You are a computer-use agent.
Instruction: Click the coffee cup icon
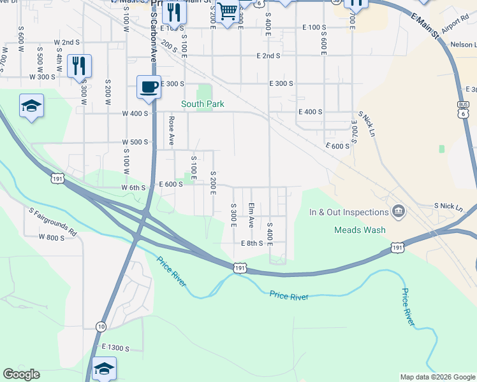click(149, 87)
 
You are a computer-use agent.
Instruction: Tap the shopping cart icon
click(227, 11)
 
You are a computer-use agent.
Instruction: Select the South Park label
click(203, 104)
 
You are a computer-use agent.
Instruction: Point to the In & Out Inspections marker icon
click(399, 211)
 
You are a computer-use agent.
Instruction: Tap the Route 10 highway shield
click(101, 327)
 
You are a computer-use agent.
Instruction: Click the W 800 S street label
click(52, 237)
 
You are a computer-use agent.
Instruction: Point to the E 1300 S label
click(115, 348)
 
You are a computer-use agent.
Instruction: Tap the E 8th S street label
click(252, 243)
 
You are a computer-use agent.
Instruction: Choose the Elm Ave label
click(252, 215)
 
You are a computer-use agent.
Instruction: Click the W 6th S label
click(134, 188)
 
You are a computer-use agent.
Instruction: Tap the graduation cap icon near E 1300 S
click(105, 368)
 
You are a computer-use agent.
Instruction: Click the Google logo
click(21, 374)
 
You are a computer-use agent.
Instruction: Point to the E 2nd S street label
click(268, 56)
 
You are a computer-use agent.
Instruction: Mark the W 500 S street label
click(135, 142)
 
